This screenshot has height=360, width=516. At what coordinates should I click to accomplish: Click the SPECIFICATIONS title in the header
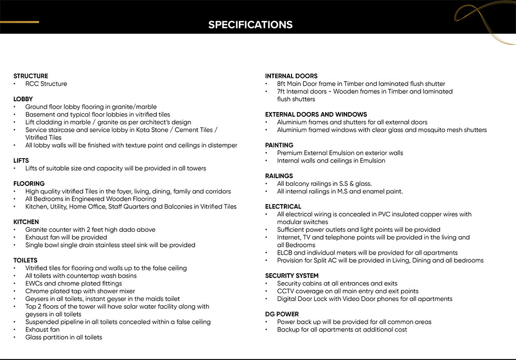pos(250,25)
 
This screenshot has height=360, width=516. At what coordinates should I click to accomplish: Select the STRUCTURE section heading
pos(30,76)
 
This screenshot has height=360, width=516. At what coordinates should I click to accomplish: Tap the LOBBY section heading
pos(23,99)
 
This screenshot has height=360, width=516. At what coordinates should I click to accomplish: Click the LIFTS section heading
pos(21,161)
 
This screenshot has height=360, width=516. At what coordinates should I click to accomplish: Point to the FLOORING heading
pos(29,183)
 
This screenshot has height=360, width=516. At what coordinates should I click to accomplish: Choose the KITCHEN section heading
pos(26,222)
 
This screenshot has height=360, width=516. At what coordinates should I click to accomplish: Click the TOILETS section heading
pos(25,260)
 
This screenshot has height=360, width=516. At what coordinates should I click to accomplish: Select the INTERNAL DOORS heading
pos(291,76)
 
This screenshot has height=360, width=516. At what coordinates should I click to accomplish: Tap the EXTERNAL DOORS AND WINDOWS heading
pos(316,114)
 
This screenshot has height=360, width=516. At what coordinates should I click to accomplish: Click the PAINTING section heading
pos(279,145)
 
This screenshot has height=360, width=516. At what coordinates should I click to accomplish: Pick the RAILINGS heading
pos(279,176)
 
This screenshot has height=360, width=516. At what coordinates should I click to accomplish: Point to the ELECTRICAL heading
pos(283,207)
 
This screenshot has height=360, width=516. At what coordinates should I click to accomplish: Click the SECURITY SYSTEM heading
pos(292,276)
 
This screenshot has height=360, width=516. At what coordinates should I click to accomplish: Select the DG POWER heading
pos(282,314)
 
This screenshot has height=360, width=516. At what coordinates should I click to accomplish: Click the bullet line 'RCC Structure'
pos(46,84)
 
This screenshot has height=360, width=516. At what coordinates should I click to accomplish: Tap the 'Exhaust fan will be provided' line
pos(66,238)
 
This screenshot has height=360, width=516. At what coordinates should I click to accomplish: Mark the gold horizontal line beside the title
pos(20,22)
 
